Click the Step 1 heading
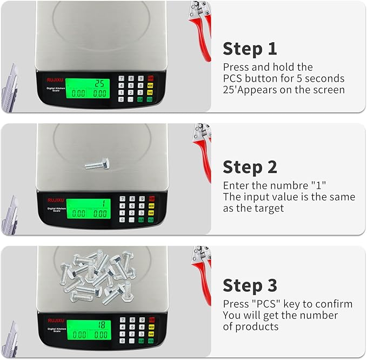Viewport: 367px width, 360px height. coord(250,49)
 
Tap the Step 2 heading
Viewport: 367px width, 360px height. coord(250,167)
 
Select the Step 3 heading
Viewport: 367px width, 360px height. coord(250,285)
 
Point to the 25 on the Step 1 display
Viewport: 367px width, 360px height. coord(99,84)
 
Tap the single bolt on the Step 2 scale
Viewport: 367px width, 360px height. coord(97,163)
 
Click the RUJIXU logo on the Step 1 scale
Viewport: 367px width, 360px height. coord(56,77)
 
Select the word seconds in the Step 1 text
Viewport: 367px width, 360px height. coord(325,79)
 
